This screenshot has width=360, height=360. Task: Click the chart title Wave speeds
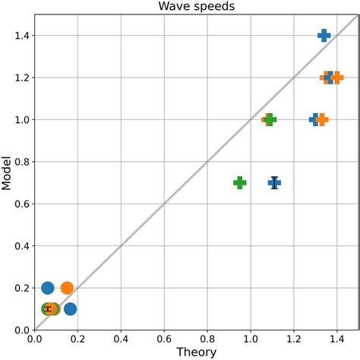point(196,7)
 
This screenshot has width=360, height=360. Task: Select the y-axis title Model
point(7,172)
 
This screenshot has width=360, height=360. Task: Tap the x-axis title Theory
point(196,352)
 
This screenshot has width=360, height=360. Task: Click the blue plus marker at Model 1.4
point(324,36)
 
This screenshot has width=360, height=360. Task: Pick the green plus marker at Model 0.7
point(239,182)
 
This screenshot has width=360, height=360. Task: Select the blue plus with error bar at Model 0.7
point(274,182)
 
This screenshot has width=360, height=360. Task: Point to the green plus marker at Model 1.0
point(270,119)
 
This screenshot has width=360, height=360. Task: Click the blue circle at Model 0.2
point(48,288)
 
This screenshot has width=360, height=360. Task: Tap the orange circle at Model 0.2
point(67,288)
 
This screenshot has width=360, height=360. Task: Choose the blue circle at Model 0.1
point(70,308)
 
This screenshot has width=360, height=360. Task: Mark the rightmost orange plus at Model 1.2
point(336,77)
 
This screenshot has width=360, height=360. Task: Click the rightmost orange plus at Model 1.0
point(322,119)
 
